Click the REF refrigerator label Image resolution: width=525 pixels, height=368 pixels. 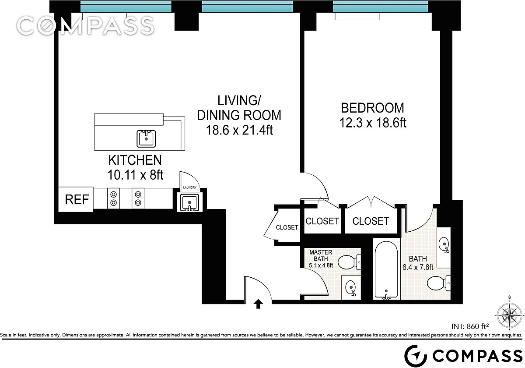click(77, 199)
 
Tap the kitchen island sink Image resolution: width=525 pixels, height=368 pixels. click(146, 139)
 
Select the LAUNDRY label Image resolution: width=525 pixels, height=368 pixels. click(189, 188)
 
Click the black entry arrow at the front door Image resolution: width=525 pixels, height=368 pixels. click(258, 304)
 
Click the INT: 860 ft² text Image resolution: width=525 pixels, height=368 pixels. click(470, 326)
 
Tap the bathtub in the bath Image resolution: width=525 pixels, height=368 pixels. click(386, 270)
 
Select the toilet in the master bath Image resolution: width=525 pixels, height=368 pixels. click(349, 262)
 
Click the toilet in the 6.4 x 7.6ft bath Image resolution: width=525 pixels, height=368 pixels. click(438, 283)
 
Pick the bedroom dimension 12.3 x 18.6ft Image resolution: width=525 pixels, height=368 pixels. click(373, 123)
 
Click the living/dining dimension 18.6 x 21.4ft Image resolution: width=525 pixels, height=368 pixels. click(239, 130)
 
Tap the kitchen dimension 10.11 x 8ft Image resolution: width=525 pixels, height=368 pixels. click(135, 175)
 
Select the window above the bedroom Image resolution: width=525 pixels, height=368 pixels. click(380, 6)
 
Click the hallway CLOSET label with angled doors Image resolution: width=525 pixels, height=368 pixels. click(287, 227)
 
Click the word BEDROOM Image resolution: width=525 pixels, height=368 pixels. click(372, 108)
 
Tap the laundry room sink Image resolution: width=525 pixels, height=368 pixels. click(189, 202)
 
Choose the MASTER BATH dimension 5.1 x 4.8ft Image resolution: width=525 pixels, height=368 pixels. click(321, 265)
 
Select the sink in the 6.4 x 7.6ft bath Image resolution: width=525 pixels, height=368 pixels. click(444, 244)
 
